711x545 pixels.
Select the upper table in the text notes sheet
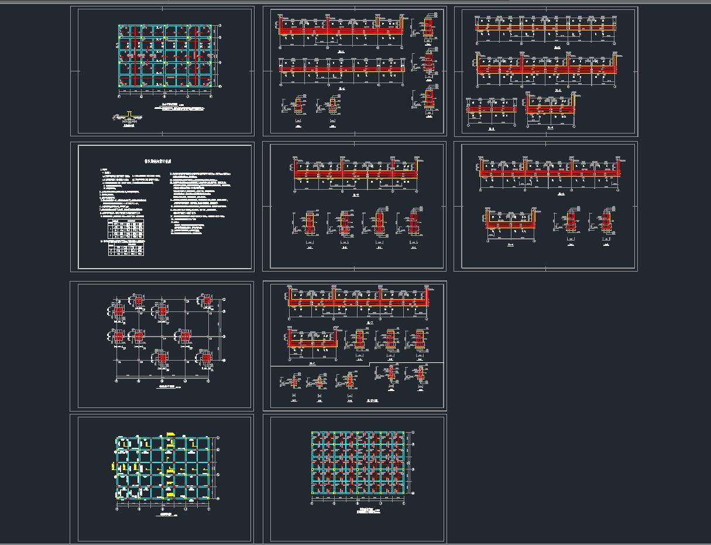(x=126, y=229)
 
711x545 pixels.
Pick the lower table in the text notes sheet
(x=126, y=251)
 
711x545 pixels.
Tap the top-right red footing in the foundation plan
(x=205, y=302)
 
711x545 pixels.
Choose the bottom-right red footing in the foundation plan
(x=205, y=357)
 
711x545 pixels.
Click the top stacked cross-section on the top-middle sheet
(x=428, y=26)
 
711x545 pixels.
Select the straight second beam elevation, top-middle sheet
(x=342, y=69)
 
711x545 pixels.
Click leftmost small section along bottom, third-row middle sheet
(x=294, y=382)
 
